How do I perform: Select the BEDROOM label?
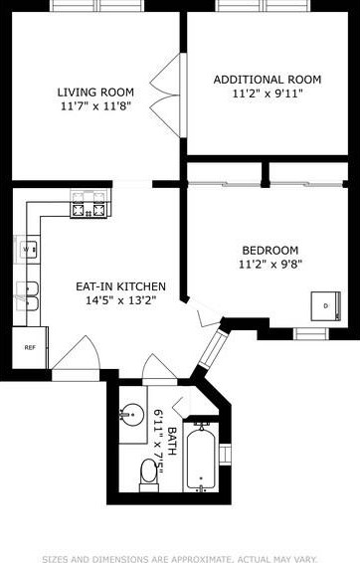pyautogui.click(x=270, y=250)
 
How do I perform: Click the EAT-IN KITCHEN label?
pyautogui.click(x=120, y=286)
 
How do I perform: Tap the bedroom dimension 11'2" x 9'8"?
pyautogui.click(x=270, y=265)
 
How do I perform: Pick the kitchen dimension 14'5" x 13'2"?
pyautogui.click(x=120, y=301)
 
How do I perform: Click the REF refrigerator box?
pyautogui.click(x=29, y=347)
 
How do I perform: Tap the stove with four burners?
pyautogui.click(x=87, y=210)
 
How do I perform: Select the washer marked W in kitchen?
pyautogui.click(x=28, y=248)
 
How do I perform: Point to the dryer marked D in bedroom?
pyautogui.click(x=323, y=305)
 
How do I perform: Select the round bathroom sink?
pyautogui.click(x=132, y=412)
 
